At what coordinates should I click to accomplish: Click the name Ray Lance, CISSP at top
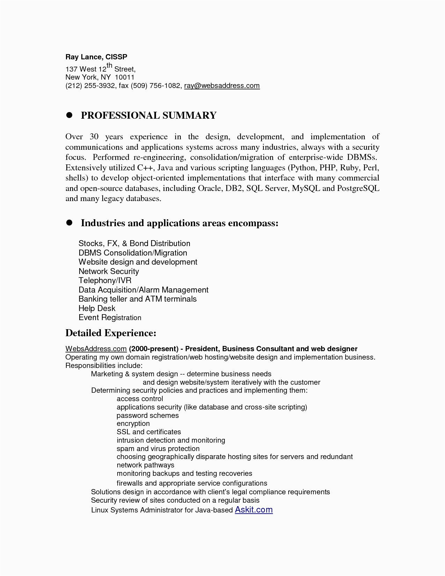tap(96, 57)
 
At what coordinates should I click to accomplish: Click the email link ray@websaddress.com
tap(222, 86)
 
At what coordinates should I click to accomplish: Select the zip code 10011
tap(125, 77)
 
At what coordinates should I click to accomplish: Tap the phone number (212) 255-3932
tap(90, 86)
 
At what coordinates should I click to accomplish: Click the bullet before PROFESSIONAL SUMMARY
tap(69, 116)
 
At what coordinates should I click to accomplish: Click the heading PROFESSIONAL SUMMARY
tap(149, 116)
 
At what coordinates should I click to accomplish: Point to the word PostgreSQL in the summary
tap(358, 189)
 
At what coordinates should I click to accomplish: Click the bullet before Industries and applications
tap(69, 223)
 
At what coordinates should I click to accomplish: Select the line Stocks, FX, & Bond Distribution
tap(134, 244)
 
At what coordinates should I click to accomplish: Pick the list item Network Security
tap(109, 272)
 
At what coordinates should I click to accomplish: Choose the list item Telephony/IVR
tap(105, 281)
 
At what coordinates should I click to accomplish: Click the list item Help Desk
tap(97, 309)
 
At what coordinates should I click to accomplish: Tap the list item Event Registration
tap(110, 318)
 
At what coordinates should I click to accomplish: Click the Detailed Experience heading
tap(111, 333)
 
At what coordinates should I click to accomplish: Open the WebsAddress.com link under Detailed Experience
tap(96, 349)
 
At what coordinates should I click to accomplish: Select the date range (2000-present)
tap(154, 349)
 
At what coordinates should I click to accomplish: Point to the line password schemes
tap(148, 416)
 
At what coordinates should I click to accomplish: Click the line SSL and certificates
tap(149, 432)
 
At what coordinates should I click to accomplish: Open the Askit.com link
tap(254, 510)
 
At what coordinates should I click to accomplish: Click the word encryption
tap(133, 424)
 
